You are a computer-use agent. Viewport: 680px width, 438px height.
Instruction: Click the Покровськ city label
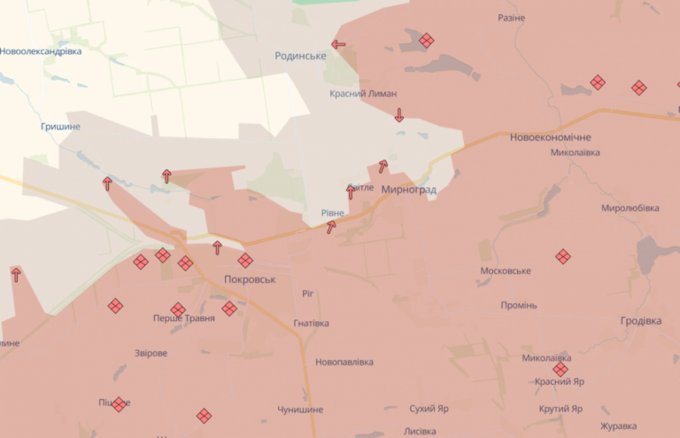tap(250, 278)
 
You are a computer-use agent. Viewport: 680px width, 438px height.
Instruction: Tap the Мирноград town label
tap(408, 190)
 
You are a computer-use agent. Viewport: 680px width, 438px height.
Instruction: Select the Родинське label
tap(300, 55)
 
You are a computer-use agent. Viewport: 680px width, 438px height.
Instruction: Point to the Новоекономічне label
tap(550, 137)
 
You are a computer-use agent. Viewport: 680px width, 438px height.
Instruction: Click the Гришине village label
tap(60, 126)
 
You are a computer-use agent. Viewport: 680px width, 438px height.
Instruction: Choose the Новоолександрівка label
tap(41, 51)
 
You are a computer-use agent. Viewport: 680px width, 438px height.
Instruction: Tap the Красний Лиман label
tap(363, 93)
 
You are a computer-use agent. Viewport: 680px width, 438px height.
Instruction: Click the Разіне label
tap(511, 18)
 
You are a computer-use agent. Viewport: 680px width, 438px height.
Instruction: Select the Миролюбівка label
tap(630, 208)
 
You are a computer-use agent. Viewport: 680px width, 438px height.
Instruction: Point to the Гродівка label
tap(640, 321)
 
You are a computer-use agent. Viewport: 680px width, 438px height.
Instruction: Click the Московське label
tap(505, 270)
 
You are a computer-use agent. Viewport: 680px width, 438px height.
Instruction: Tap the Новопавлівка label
tap(344, 362)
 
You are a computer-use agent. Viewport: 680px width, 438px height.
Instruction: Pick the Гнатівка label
tap(311, 324)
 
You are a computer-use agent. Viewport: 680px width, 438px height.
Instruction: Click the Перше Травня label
tap(183, 318)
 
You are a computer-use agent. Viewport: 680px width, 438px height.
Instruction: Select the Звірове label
tap(151, 353)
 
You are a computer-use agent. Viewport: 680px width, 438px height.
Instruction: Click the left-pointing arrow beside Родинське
tap(338, 43)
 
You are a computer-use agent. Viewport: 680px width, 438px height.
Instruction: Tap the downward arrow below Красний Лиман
tap(399, 114)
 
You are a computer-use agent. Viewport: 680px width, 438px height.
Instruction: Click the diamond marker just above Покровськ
tap(245, 261)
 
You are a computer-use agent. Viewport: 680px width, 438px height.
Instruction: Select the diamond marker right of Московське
tap(563, 256)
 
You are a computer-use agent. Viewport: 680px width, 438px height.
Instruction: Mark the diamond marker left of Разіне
tap(427, 40)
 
